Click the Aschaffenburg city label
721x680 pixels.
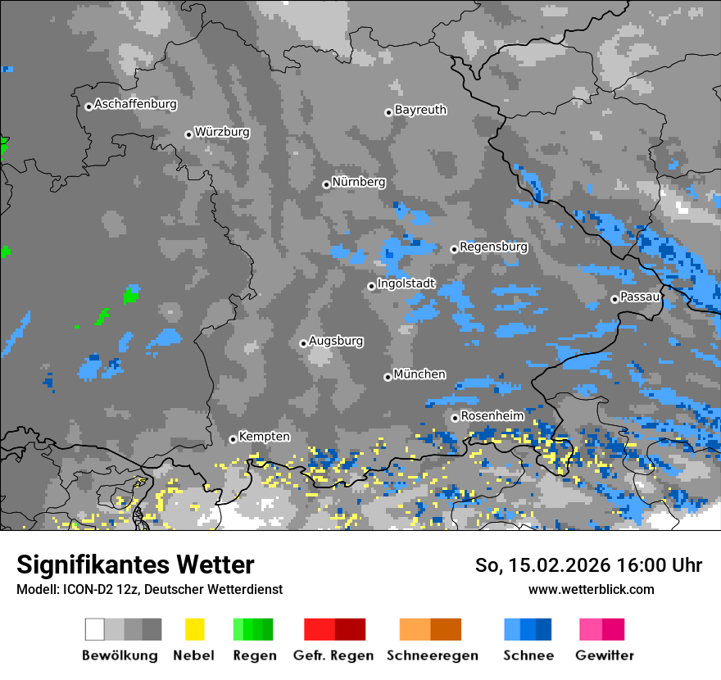point(135,104)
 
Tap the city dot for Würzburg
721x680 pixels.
point(188,134)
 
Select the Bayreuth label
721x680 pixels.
point(420,110)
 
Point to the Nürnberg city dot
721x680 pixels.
point(326,184)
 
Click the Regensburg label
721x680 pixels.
point(493,247)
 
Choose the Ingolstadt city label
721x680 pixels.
point(406,283)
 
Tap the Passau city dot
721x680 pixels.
point(614,299)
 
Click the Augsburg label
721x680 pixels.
point(336,341)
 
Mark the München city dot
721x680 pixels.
point(388,377)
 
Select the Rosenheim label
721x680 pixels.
point(492,415)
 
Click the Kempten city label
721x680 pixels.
point(264,437)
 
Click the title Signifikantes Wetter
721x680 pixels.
point(135,565)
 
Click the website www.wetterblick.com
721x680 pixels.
point(591,589)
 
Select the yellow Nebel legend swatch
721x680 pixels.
point(194,629)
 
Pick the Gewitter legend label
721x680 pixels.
point(604,655)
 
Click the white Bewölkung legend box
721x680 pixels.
point(94,629)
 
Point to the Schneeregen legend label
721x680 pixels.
point(433,655)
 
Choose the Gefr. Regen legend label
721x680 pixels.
point(333,655)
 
